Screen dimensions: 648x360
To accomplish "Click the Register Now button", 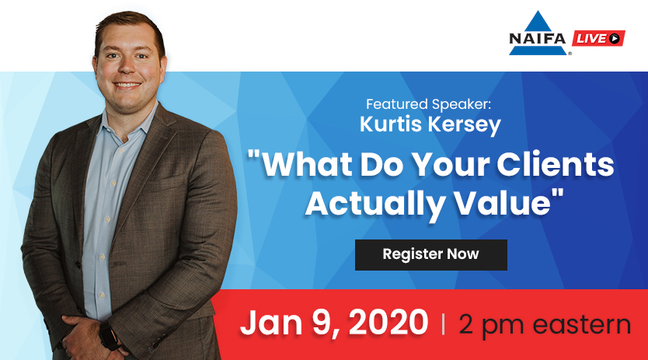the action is tap(431, 255).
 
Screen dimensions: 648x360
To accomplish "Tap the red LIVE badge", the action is tap(598, 38).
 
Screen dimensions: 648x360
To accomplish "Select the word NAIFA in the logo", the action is tap(537, 39).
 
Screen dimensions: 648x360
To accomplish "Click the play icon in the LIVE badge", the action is tap(614, 38).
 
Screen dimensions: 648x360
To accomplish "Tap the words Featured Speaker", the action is tap(429, 104).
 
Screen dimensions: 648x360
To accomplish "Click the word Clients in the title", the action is tap(555, 164).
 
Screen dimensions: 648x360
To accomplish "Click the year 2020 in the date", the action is tap(388, 323).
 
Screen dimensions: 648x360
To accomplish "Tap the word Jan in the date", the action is tap(271, 323).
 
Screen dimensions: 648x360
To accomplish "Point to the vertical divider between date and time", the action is tap(444, 324).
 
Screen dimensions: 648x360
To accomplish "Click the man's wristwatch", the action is tap(108, 336).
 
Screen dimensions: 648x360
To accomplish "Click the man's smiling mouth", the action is tap(127, 86).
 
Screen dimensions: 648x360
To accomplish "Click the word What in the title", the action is tap(308, 164).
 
